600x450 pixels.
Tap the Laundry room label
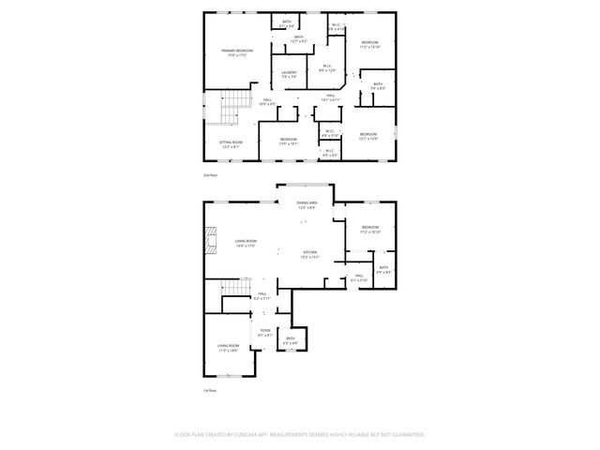tap(289, 75)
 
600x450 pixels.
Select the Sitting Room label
tap(231, 144)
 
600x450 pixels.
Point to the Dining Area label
tap(307, 205)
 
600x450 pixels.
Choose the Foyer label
tap(265, 332)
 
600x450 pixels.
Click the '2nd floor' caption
tap(210, 175)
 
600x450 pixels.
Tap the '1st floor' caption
tap(210, 390)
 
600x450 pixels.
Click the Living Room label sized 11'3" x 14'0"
tap(228, 348)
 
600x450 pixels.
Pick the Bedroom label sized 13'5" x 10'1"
tap(289, 142)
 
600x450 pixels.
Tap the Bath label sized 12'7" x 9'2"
tap(299, 39)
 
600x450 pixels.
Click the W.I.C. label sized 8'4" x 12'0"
tap(327, 67)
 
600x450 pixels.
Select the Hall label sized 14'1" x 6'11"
tap(331, 97)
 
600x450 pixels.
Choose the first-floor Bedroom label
tap(370, 230)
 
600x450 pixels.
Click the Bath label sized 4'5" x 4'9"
tap(291, 340)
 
